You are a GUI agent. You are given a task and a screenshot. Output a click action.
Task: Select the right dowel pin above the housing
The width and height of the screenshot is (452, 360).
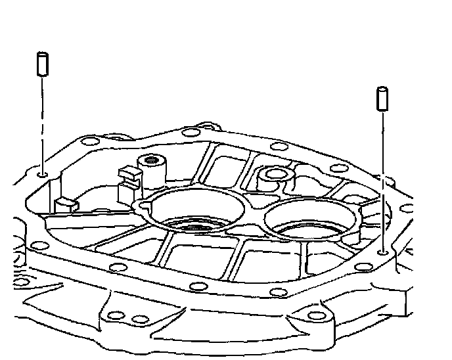pyautogui.click(x=380, y=98)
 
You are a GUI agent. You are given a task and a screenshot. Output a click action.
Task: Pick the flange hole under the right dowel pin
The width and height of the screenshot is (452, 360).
pyautogui.click(x=382, y=252)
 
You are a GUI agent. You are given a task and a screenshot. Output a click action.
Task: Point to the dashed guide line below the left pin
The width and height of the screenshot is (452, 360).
pyautogui.click(x=41, y=125)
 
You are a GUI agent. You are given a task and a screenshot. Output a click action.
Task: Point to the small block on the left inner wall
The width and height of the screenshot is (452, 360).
pyautogui.click(x=66, y=204)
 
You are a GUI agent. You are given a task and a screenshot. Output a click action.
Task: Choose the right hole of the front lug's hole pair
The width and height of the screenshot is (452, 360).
pyautogui.click(x=138, y=319)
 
